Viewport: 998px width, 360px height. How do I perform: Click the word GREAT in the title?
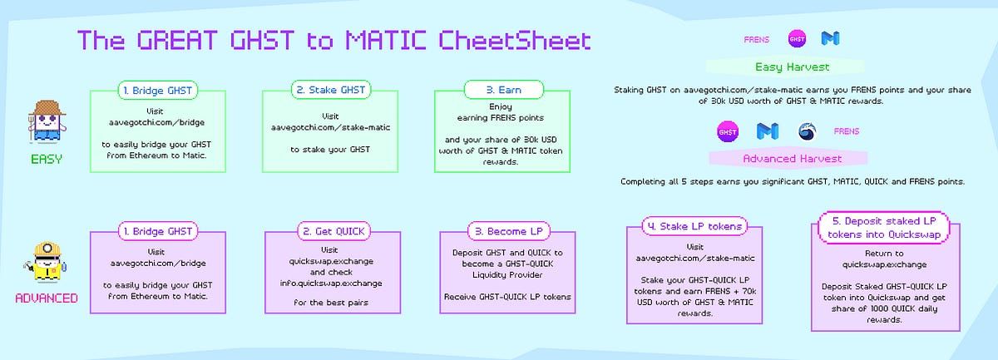tap(177, 40)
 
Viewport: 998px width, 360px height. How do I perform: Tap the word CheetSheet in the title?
tap(515, 40)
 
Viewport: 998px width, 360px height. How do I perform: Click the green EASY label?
tap(47, 159)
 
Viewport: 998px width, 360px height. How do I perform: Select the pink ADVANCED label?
tap(47, 298)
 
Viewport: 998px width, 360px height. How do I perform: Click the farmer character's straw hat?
tap(47, 108)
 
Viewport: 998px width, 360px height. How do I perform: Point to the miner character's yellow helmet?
tap(47, 249)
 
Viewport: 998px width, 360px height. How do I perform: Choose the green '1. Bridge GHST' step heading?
tap(158, 91)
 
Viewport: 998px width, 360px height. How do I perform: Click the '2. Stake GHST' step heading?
tap(331, 90)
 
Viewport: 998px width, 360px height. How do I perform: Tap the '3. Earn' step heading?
tap(503, 90)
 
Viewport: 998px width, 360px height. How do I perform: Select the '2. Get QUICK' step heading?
tap(333, 231)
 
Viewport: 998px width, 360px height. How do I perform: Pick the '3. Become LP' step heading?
tap(508, 231)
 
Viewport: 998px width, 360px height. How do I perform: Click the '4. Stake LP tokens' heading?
tap(694, 226)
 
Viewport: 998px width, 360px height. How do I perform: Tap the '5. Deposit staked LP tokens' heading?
tap(884, 228)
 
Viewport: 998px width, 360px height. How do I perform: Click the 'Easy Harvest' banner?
tap(792, 67)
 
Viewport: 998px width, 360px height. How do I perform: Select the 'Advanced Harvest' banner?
tap(792, 159)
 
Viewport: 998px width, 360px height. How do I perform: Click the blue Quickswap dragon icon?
tap(807, 132)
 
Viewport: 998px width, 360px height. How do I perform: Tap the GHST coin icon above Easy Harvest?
tap(797, 39)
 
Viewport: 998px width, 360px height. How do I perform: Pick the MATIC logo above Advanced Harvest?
tap(767, 131)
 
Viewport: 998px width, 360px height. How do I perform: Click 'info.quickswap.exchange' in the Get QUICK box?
tap(331, 284)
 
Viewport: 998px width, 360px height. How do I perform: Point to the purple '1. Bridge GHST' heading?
tap(158, 231)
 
